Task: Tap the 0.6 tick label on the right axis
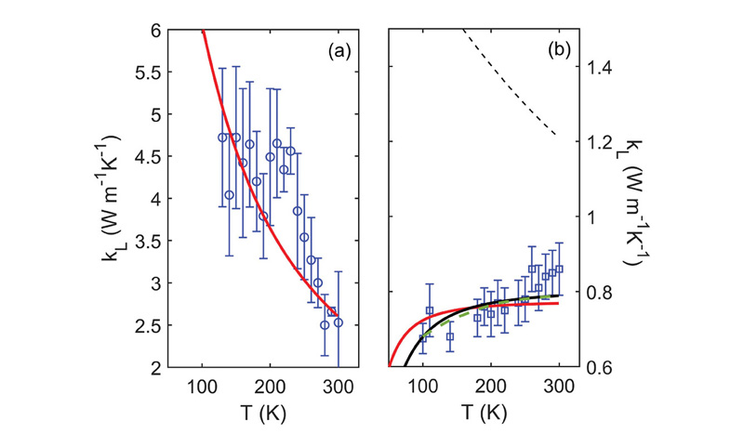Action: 596,368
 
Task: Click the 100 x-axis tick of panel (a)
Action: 202,388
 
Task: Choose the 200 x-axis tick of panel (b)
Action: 490,388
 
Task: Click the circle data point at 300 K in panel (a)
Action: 339,322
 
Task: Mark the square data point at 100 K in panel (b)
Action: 423,338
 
